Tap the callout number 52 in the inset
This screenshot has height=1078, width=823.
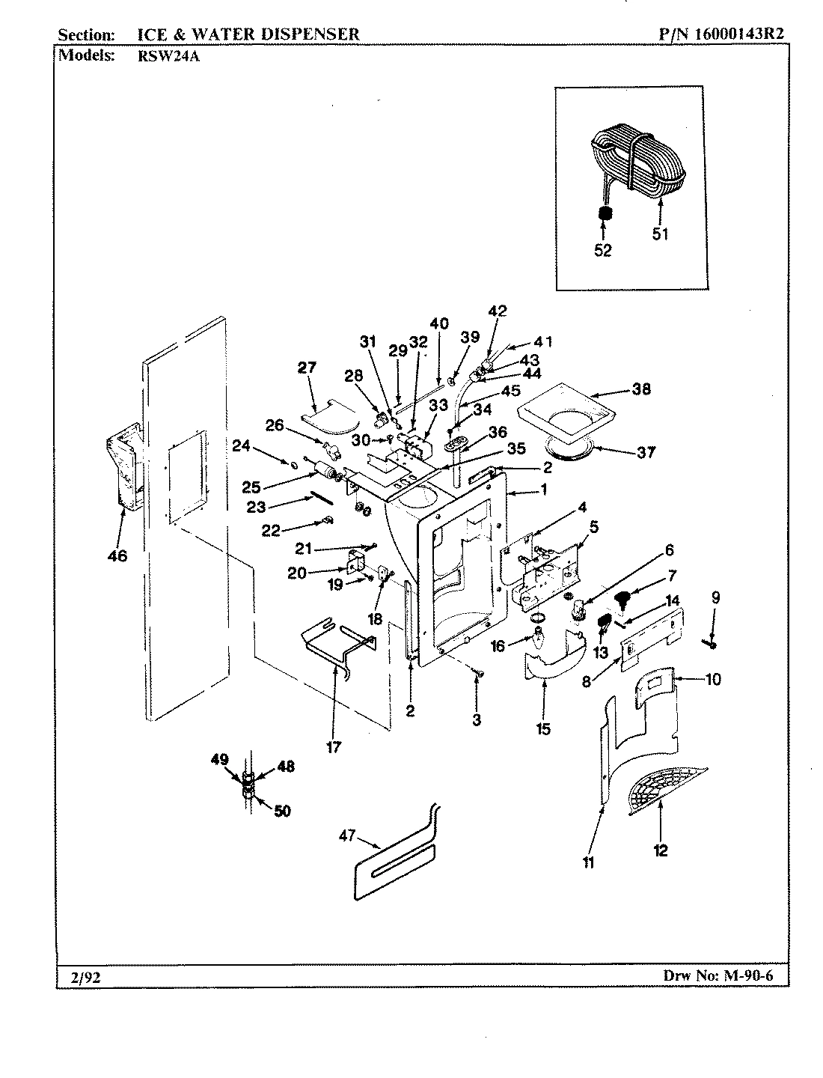(x=603, y=251)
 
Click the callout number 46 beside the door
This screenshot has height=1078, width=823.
(x=117, y=555)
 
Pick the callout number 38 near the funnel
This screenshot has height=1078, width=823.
(x=641, y=389)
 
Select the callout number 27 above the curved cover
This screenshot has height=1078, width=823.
(x=307, y=368)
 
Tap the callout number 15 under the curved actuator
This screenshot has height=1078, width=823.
(x=543, y=728)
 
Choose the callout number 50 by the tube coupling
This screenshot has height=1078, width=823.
(x=282, y=811)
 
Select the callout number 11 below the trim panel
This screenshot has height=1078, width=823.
(x=589, y=863)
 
